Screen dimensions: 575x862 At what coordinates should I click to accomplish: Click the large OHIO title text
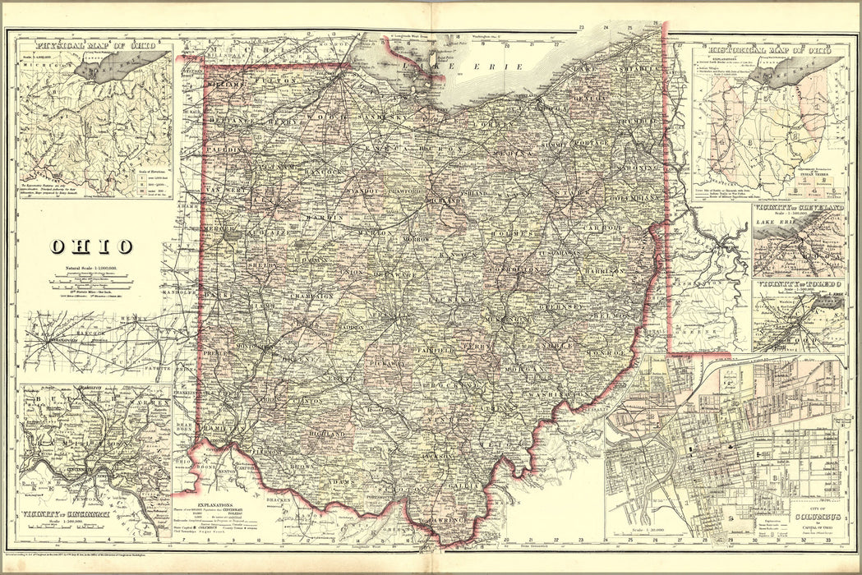coord(91,246)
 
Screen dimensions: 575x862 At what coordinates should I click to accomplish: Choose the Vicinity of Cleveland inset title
coord(799,209)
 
